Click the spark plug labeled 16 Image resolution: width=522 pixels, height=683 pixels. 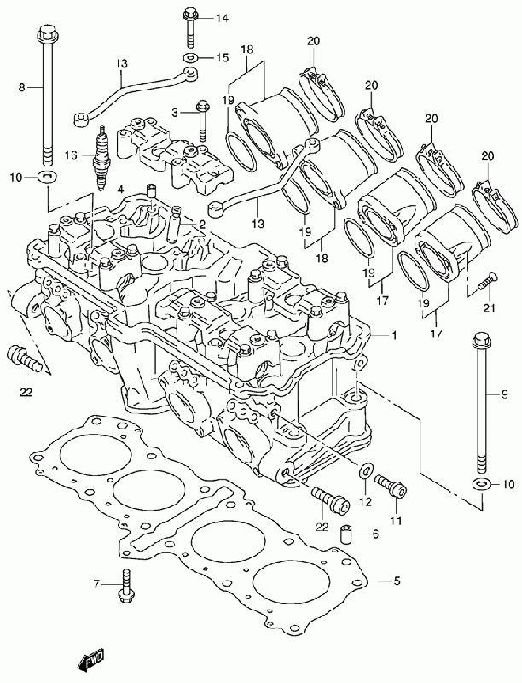pos(101,159)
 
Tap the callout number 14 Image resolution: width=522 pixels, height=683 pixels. pos(222,19)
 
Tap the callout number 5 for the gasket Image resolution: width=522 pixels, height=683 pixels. pos(397,581)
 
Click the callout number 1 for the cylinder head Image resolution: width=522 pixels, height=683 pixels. pos(394,336)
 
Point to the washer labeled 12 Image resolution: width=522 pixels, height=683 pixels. pos(366,470)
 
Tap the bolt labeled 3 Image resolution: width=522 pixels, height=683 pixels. pos(203,120)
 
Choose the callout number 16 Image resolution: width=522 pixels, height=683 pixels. pos(72,155)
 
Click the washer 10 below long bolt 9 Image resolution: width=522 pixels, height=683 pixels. pos(481,483)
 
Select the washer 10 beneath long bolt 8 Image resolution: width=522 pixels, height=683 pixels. pos(45,177)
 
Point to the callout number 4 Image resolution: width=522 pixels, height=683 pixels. pos(121,189)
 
